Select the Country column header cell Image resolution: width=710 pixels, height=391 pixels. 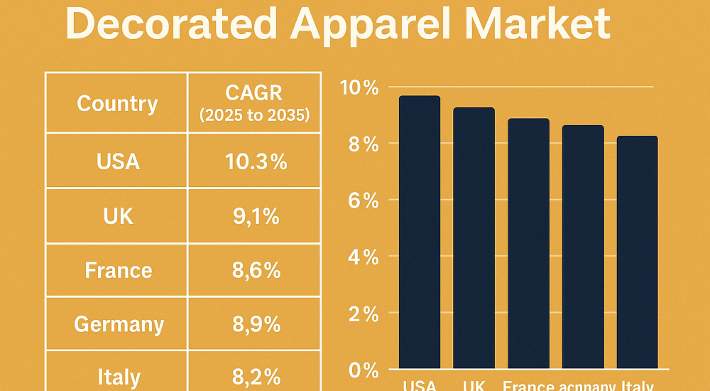click(x=117, y=103)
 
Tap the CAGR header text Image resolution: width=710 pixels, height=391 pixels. click(x=254, y=92)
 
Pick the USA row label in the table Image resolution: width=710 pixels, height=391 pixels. click(x=118, y=161)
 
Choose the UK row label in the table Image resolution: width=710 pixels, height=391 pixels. click(x=118, y=216)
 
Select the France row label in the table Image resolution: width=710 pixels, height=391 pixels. click(x=118, y=270)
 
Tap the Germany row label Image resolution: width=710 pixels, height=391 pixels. click(x=119, y=325)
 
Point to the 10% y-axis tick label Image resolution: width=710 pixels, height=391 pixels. click(x=359, y=88)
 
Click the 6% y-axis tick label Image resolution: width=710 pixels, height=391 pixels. click(x=362, y=200)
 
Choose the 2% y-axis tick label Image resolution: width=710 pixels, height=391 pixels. click(x=362, y=313)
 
